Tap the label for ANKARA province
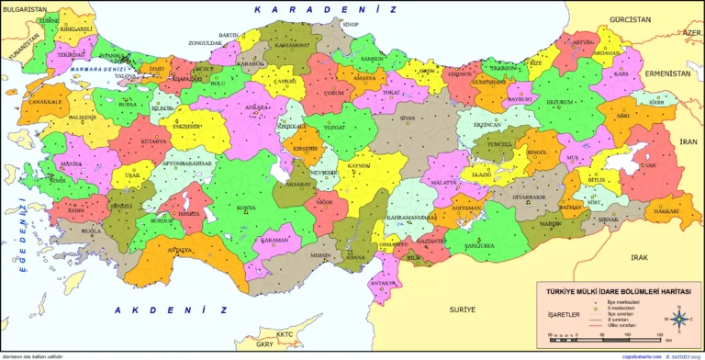click(241, 108)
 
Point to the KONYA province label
click(246, 207)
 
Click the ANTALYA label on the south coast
click(180, 250)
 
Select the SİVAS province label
click(408, 118)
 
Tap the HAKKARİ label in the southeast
click(666, 211)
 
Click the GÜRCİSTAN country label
click(628, 18)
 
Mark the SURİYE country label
click(463, 310)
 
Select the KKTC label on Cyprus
click(284, 334)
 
